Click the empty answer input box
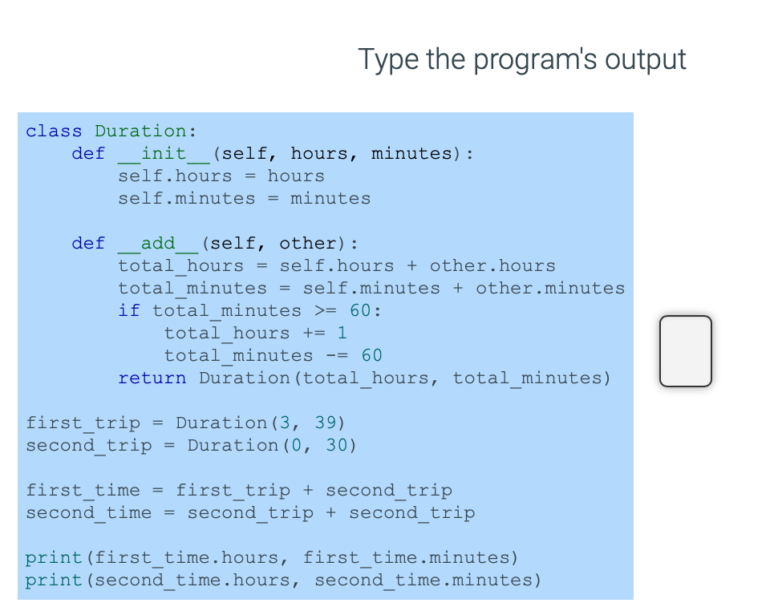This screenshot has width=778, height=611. pos(686,351)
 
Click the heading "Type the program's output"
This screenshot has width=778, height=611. pos(521,59)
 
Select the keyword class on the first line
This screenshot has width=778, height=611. pos(54,131)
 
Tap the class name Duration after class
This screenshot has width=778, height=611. pos(140,131)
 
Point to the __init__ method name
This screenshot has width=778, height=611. pos(164,153)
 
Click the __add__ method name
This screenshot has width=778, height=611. pos(158,243)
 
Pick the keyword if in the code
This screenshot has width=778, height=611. pos(129,310)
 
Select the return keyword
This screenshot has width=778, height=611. pos(152,378)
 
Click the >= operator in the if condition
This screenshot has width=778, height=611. pos(326,310)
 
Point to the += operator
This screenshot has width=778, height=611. pos(314,333)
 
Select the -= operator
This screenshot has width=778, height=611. pos(337,355)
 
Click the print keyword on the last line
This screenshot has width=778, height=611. pos(54,580)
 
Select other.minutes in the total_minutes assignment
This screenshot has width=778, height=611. pos(550,288)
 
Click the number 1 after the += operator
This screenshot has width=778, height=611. pos(342,333)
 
